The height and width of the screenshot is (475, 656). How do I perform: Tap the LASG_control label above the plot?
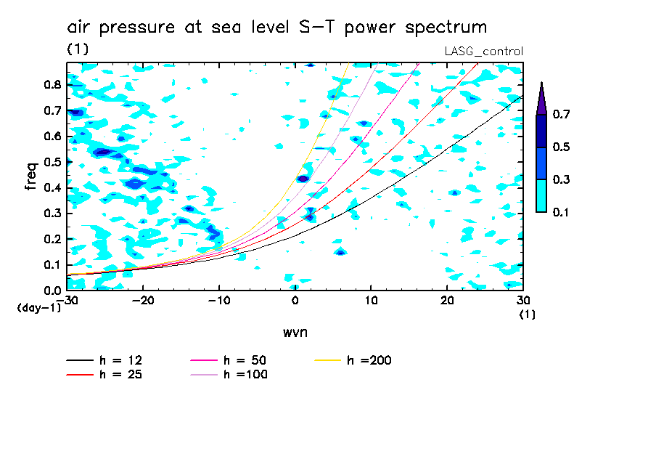(x=483, y=51)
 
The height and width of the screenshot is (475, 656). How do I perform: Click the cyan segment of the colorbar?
(x=541, y=195)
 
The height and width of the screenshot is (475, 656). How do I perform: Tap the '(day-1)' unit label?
(x=39, y=308)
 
